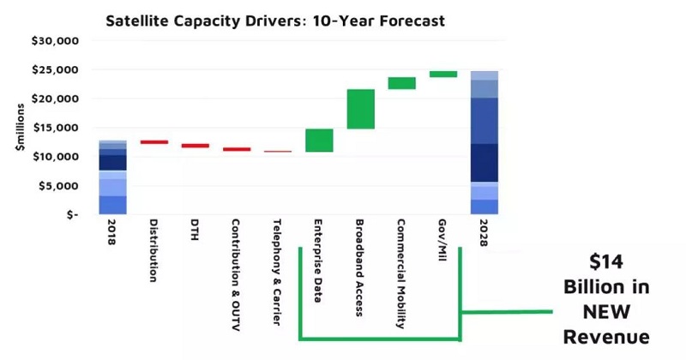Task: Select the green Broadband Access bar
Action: click(x=360, y=109)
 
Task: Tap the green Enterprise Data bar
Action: click(x=319, y=140)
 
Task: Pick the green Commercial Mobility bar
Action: click(x=401, y=83)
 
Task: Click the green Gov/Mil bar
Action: click(x=442, y=75)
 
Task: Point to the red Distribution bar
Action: click(x=153, y=142)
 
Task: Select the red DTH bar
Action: click(x=195, y=146)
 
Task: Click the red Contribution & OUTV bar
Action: click(x=237, y=149)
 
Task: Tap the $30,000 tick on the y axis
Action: click(x=55, y=40)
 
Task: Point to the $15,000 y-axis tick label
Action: click(x=55, y=128)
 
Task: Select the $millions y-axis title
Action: click(x=18, y=129)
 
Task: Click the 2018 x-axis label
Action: click(x=112, y=238)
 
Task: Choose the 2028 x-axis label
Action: click(x=484, y=238)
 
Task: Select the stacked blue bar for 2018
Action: click(x=112, y=177)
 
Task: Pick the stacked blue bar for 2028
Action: click(x=484, y=142)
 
